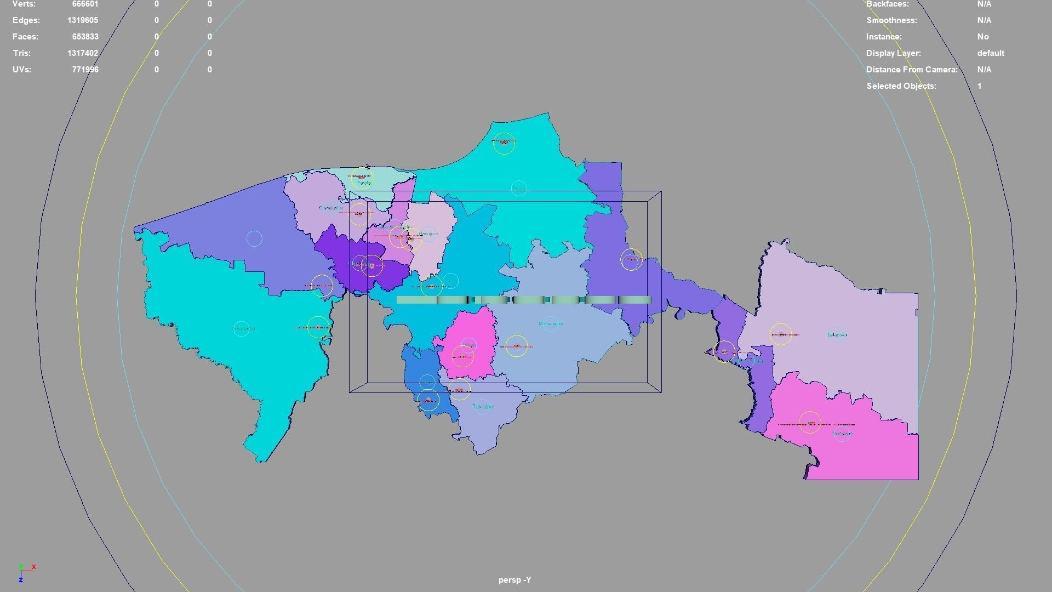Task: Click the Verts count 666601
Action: point(85,4)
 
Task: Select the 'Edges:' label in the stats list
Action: point(26,20)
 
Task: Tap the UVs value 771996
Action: point(85,70)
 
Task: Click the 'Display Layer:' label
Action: point(893,53)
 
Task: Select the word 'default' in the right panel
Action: point(990,53)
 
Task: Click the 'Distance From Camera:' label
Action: point(912,70)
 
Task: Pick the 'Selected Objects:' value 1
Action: point(979,86)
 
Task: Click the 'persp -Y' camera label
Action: point(514,580)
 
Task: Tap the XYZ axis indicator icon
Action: point(25,572)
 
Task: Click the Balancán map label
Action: point(837,334)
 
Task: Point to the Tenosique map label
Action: point(842,434)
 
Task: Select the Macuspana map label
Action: point(551,324)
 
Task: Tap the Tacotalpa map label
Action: point(482,407)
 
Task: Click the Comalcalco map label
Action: point(330,208)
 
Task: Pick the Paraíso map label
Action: point(364,183)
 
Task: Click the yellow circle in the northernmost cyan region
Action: point(504,143)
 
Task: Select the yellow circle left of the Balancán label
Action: point(781,334)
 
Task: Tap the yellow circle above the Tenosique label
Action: point(810,423)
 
